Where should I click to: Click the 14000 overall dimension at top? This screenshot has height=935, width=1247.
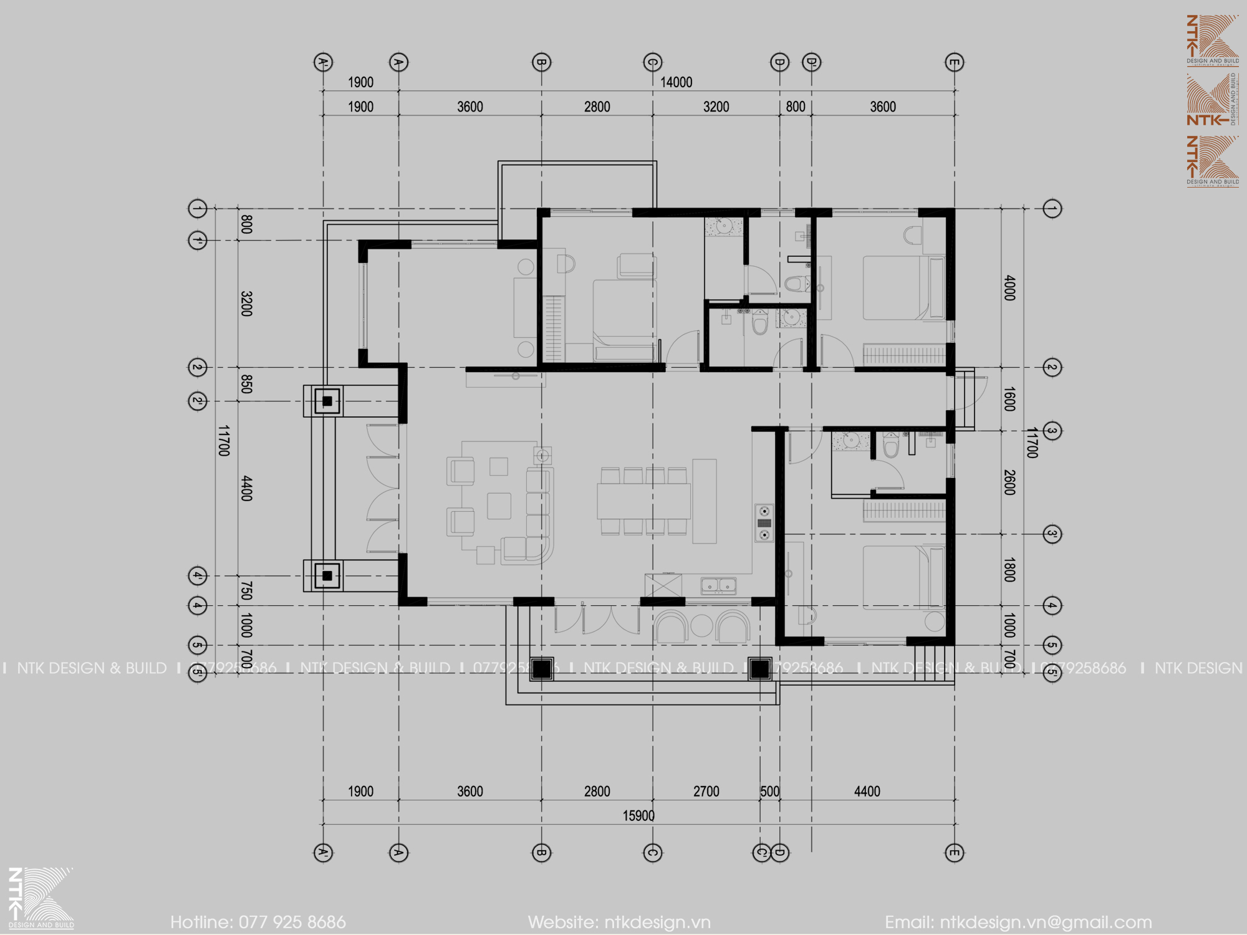pyautogui.click(x=676, y=82)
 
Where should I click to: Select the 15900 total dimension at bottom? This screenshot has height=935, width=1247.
pyautogui.click(x=638, y=816)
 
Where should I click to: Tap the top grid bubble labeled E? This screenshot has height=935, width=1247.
pyautogui.click(x=954, y=62)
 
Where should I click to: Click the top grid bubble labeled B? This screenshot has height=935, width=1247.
pyautogui.click(x=541, y=62)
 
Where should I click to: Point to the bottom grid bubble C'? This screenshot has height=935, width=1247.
pyautogui.click(x=761, y=853)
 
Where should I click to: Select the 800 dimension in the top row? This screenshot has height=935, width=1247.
pyautogui.click(x=795, y=107)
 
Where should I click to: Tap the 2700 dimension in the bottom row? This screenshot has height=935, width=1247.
pyautogui.click(x=706, y=792)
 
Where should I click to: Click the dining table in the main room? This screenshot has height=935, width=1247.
pyautogui.click(x=643, y=502)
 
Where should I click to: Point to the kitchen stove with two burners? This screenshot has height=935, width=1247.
pyautogui.click(x=764, y=523)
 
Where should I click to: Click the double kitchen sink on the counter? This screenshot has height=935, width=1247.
pyautogui.click(x=718, y=585)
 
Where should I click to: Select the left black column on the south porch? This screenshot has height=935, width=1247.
pyautogui.click(x=541, y=669)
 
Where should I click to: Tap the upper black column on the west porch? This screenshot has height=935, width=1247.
pyautogui.click(x=327, y=401)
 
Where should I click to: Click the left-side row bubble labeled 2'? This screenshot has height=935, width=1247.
pyautogui.click(x=198, y=401)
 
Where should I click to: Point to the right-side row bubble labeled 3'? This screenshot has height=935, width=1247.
pyautogui.click(x=1052, y=534)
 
